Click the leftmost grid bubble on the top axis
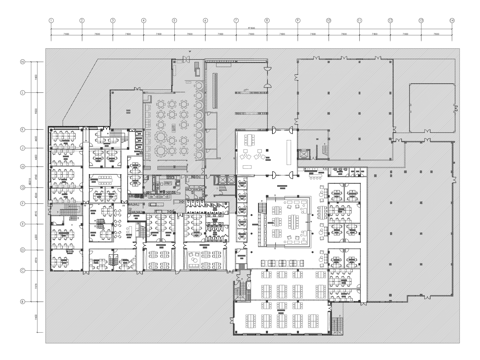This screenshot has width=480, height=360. [51, 20]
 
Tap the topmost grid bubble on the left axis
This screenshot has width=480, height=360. [22, 61]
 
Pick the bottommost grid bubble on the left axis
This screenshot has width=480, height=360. [22, 300]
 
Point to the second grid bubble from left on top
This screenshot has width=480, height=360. [81, 20]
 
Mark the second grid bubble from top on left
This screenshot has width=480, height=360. [22, 94]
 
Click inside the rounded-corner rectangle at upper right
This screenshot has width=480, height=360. [433, 105]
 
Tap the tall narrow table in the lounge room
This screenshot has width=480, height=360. [287, 150]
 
